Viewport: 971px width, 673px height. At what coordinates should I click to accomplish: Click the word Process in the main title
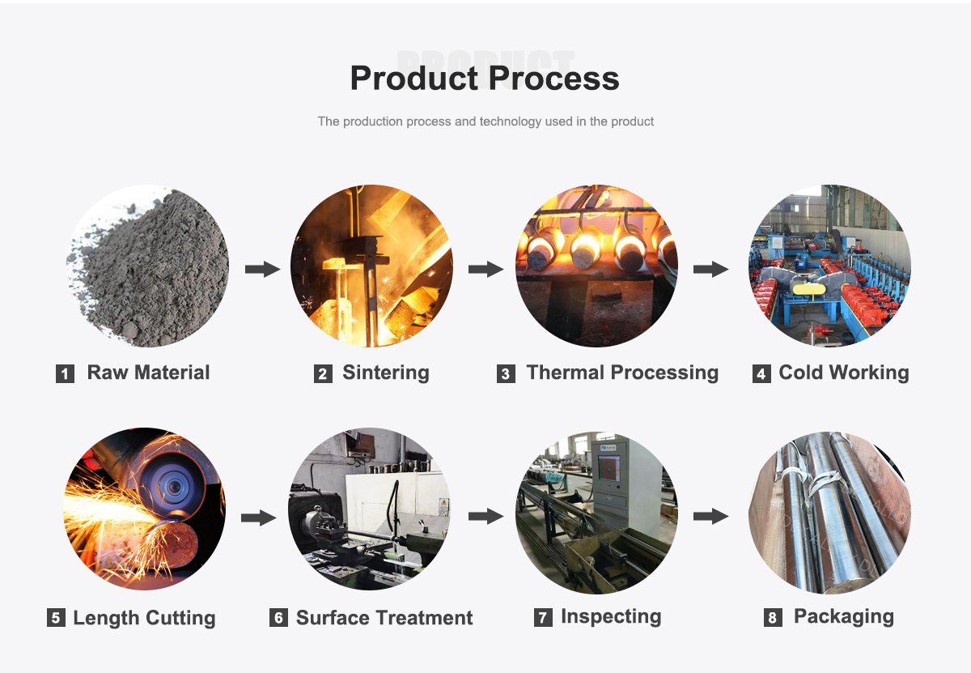(x=554, y=79)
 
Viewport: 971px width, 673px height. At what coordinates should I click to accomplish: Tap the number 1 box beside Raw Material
(x=65, y=373)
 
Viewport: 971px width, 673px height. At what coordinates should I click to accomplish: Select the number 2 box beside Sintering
(x=323, y=373)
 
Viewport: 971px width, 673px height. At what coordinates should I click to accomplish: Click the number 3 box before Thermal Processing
(x=506, y=373)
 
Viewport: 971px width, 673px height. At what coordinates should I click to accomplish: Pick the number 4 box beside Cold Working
(x=761, y=373)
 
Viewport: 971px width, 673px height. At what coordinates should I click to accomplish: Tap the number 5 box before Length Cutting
(x=56, y=617)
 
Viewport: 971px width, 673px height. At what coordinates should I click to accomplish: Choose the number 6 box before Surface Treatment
(x=278, y=617)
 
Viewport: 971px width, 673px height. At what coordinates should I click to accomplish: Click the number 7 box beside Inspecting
(x=543, y=617)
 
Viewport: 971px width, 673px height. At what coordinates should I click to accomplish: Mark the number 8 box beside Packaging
(x=773, y=617)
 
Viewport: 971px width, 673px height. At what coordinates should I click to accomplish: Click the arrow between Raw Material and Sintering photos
(x=262, y=269)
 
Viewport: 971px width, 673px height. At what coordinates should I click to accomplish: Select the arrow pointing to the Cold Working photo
(x=711, y=269)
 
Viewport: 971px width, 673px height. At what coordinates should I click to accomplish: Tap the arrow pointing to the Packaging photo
(x=711, y=517)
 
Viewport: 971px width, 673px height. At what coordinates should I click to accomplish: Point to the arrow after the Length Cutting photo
(x=258, y=518)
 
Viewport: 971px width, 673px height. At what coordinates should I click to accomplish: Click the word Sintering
(x=386, y=373)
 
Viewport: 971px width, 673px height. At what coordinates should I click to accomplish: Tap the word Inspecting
(x=611, y=616)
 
